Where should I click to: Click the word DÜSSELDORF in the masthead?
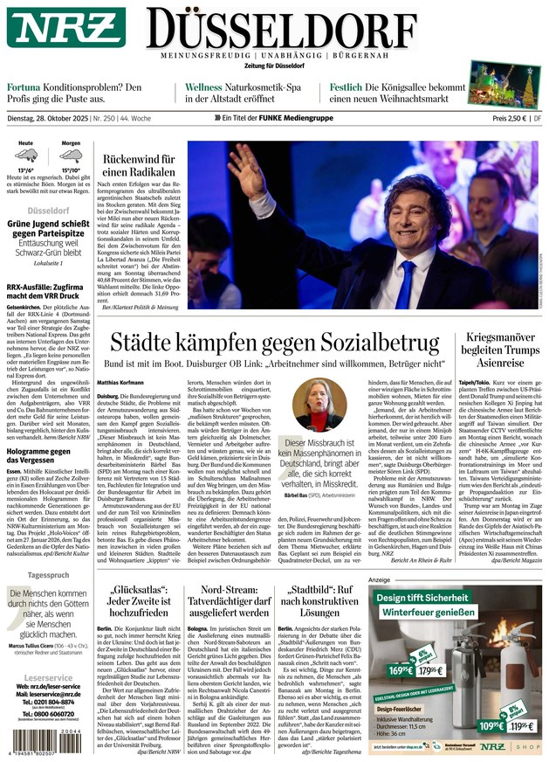click(x=341, y=26)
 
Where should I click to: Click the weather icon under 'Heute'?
click(x=26, y=156)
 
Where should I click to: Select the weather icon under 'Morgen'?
click(x=71, y=156)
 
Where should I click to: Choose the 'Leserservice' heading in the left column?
click(x=48, y=653)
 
